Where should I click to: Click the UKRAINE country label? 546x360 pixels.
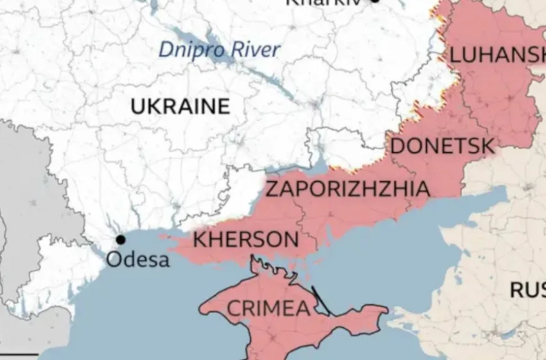click(180, 106)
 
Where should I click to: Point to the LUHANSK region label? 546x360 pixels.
click(496, 55)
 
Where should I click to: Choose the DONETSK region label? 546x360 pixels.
click(442, 146)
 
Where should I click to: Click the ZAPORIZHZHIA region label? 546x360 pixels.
click(348, 189)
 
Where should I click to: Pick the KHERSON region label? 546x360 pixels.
click(245, 240)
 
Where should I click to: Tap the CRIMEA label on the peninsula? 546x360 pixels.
click(269, 309)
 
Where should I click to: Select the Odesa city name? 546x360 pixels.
click(138, 260)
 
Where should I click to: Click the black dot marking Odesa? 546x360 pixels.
click(120, 239)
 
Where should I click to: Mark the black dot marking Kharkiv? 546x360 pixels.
click(375, 1)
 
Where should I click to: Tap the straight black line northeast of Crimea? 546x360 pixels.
click(321, 300)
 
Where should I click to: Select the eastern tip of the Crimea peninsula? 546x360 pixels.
click(385, 311)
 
